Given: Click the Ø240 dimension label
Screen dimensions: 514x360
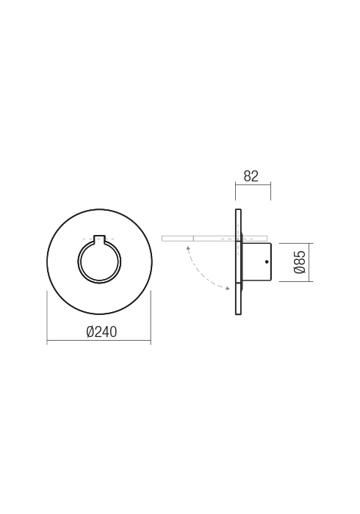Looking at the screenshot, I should point(101,332).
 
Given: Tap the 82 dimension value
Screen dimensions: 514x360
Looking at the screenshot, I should point(251,176).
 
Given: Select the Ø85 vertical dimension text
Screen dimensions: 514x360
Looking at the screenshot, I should point(300,262).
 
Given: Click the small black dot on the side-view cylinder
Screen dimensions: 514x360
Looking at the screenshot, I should point(267,262).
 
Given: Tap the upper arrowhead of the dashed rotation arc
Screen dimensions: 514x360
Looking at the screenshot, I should point(187,249).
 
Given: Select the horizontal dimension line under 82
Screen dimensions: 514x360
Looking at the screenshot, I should point(253,185).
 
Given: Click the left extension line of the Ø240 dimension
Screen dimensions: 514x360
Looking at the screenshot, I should point(47,316).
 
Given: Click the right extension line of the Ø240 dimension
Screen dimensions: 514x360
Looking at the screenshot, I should point(151,316).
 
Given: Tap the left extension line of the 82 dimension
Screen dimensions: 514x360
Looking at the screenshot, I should point(235,192).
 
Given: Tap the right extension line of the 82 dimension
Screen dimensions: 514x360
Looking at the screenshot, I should point(270,192).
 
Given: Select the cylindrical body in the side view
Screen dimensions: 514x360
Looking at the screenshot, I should point(257,262).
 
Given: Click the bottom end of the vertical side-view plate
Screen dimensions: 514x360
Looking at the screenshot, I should point(238,313).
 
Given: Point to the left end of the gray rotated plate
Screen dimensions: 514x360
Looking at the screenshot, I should point(164,238).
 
